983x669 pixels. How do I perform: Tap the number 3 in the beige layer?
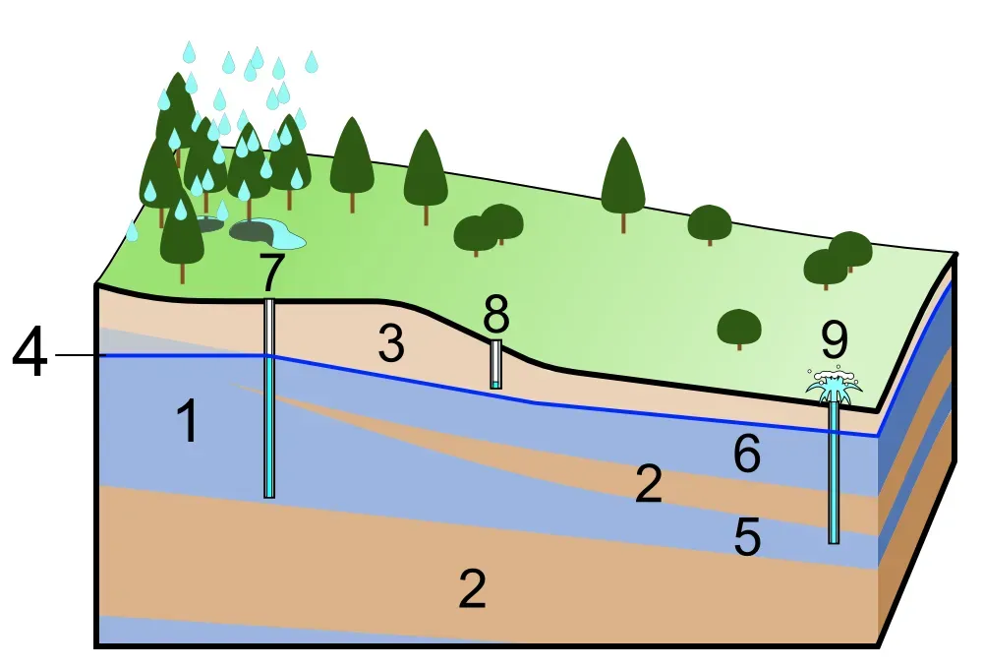pos(391,346)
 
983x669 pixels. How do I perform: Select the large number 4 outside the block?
pos(29,355)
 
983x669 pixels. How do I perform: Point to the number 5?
pos(747,537)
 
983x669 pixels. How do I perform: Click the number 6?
pos(747,456)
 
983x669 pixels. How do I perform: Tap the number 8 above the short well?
pos(496,315)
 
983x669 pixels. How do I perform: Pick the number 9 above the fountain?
pos(834,339)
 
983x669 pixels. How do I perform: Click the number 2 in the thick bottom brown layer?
pos(473,589)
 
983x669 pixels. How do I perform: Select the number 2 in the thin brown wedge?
pos(649,485)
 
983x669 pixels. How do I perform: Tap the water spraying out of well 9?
pos(834,387)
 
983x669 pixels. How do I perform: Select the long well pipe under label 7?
pos(269,413)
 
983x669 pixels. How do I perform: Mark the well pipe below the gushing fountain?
pos(834,472)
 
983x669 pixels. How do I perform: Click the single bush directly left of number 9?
pos(738,328)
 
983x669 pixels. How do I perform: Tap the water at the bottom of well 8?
pos(496,383)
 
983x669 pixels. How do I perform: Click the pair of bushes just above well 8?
pos(489,228)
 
